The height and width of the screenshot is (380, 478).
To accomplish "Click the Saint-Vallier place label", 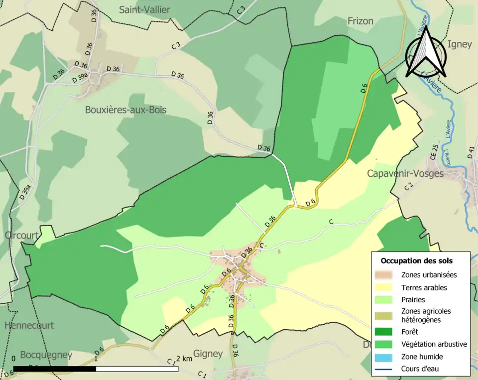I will pos(144,9).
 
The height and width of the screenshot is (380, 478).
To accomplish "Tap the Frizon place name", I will pos(360,20).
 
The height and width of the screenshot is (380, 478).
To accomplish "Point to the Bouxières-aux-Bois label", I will pos(125,110).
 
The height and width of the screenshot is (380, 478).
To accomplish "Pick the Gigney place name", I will pos(208,354).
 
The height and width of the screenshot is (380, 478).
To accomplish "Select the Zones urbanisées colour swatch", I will pos(386,274).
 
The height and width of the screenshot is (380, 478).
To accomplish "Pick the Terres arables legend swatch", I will pos(386,287).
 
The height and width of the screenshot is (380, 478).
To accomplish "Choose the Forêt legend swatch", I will pos(386,331).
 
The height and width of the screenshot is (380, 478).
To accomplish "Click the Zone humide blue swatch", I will pos(386,357).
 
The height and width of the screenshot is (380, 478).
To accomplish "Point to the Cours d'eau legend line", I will pos(386,369).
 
